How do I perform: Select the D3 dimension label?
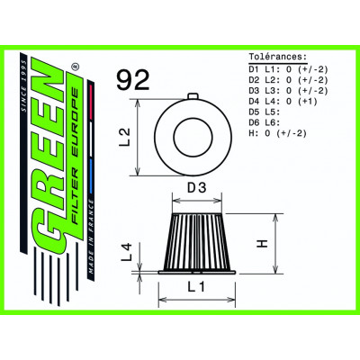click(196, 186)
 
